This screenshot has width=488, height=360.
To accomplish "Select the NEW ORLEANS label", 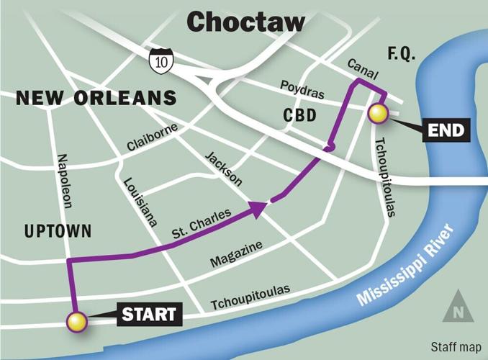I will pos(96,98).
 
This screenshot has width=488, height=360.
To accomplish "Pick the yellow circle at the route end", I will pos(377,113).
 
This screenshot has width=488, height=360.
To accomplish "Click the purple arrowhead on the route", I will pos(257,208).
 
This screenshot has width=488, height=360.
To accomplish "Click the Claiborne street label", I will pos(152,136).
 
